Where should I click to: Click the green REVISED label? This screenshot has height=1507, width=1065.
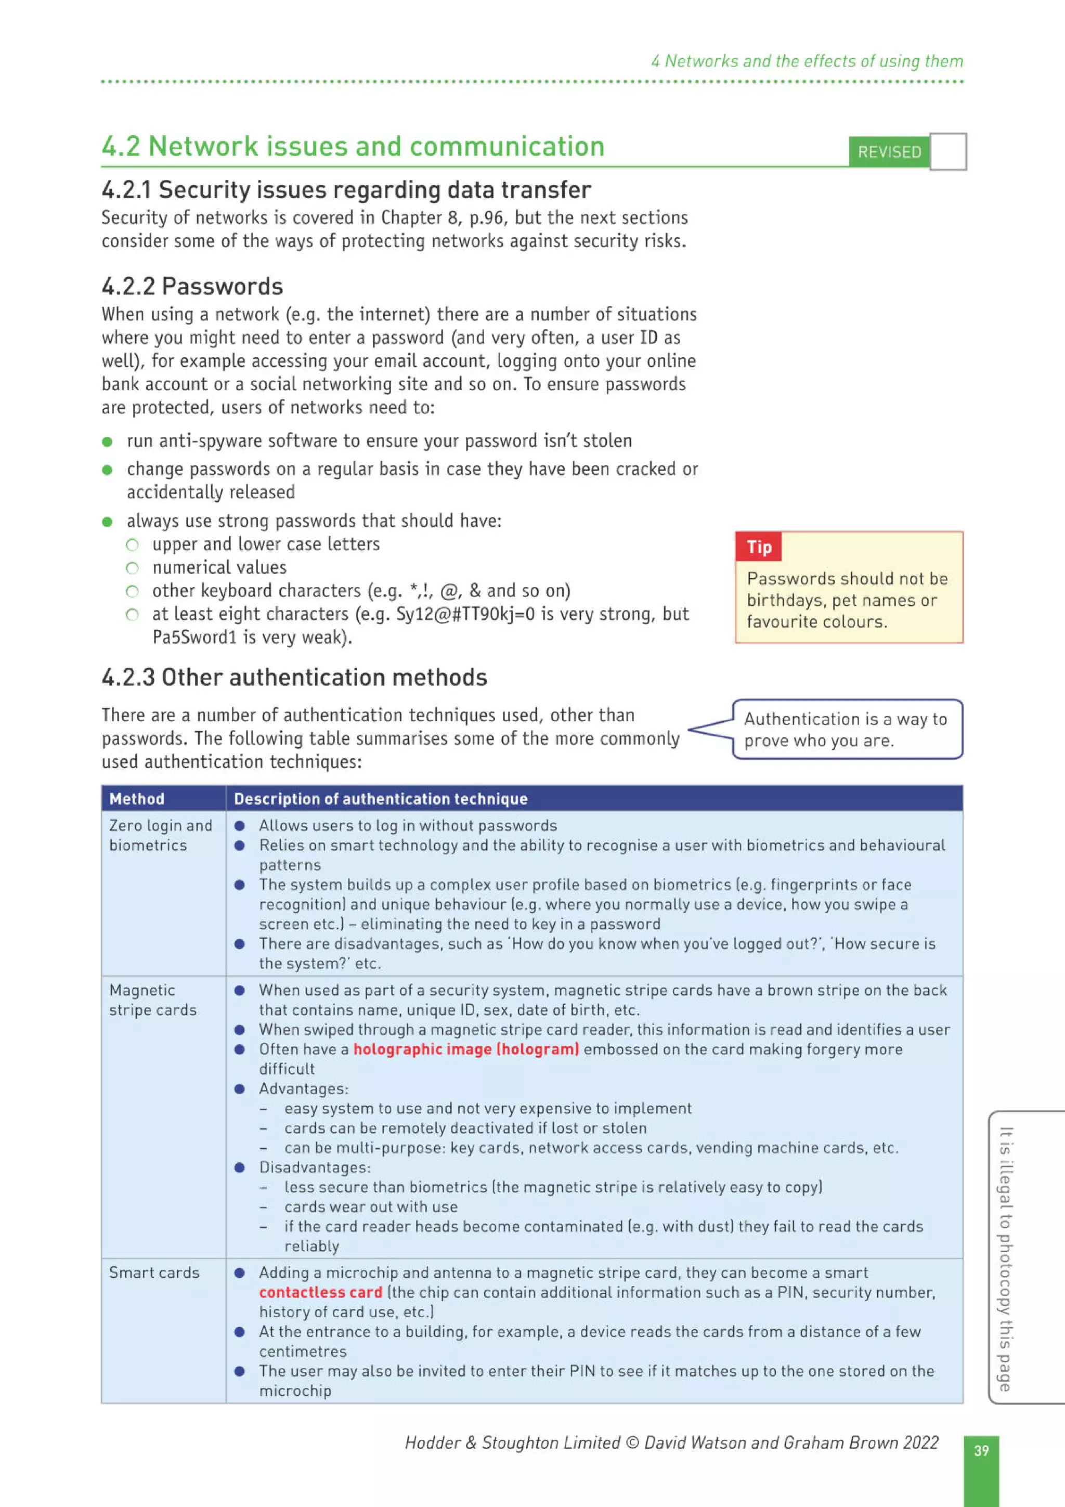point(889,152)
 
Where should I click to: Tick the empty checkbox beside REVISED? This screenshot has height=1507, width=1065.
point(948,152)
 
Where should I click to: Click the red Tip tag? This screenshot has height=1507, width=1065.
point(759,547)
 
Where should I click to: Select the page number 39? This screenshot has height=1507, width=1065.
point(981,1450)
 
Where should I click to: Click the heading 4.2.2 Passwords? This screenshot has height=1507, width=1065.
point(192,286)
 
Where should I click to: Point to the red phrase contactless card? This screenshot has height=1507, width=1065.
point(320,1292)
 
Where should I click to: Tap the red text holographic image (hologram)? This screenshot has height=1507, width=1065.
point(466,1049)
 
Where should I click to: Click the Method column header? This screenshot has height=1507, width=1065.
point(137,799)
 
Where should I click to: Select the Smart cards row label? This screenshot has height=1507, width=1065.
point(154,1272)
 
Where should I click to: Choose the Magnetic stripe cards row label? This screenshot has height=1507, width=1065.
point(153,999)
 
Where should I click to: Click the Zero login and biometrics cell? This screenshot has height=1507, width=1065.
point(161,835)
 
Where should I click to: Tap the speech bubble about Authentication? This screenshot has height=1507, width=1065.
point(846,729)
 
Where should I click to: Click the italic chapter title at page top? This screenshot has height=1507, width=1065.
point(807,61)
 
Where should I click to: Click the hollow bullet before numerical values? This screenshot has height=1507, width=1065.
point(133,568)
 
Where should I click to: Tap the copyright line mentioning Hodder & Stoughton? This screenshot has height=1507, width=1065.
point(671,1442)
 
